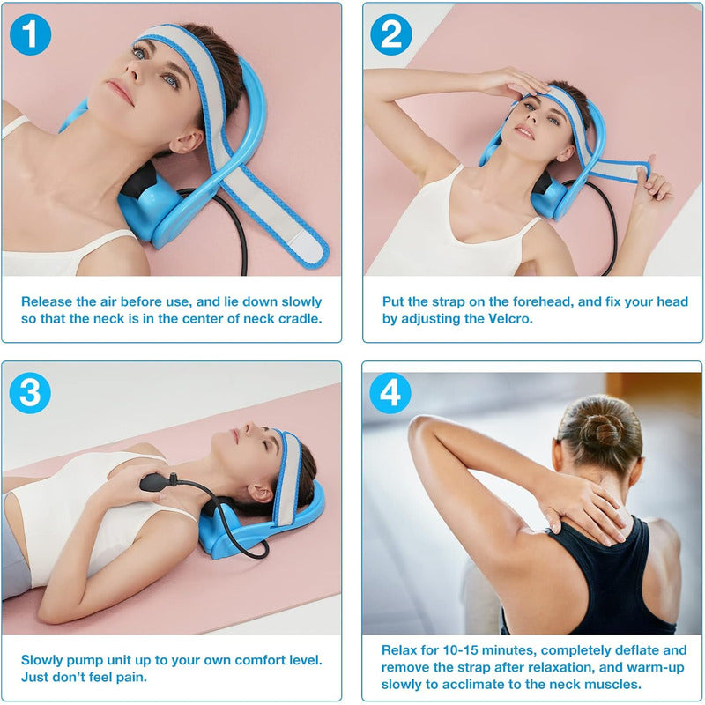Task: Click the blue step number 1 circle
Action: [30, 34]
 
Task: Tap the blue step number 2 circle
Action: [391, 34]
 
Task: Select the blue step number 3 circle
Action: [30, 393]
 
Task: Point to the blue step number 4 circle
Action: [390, 393]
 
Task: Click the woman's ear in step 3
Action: [261, 493]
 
